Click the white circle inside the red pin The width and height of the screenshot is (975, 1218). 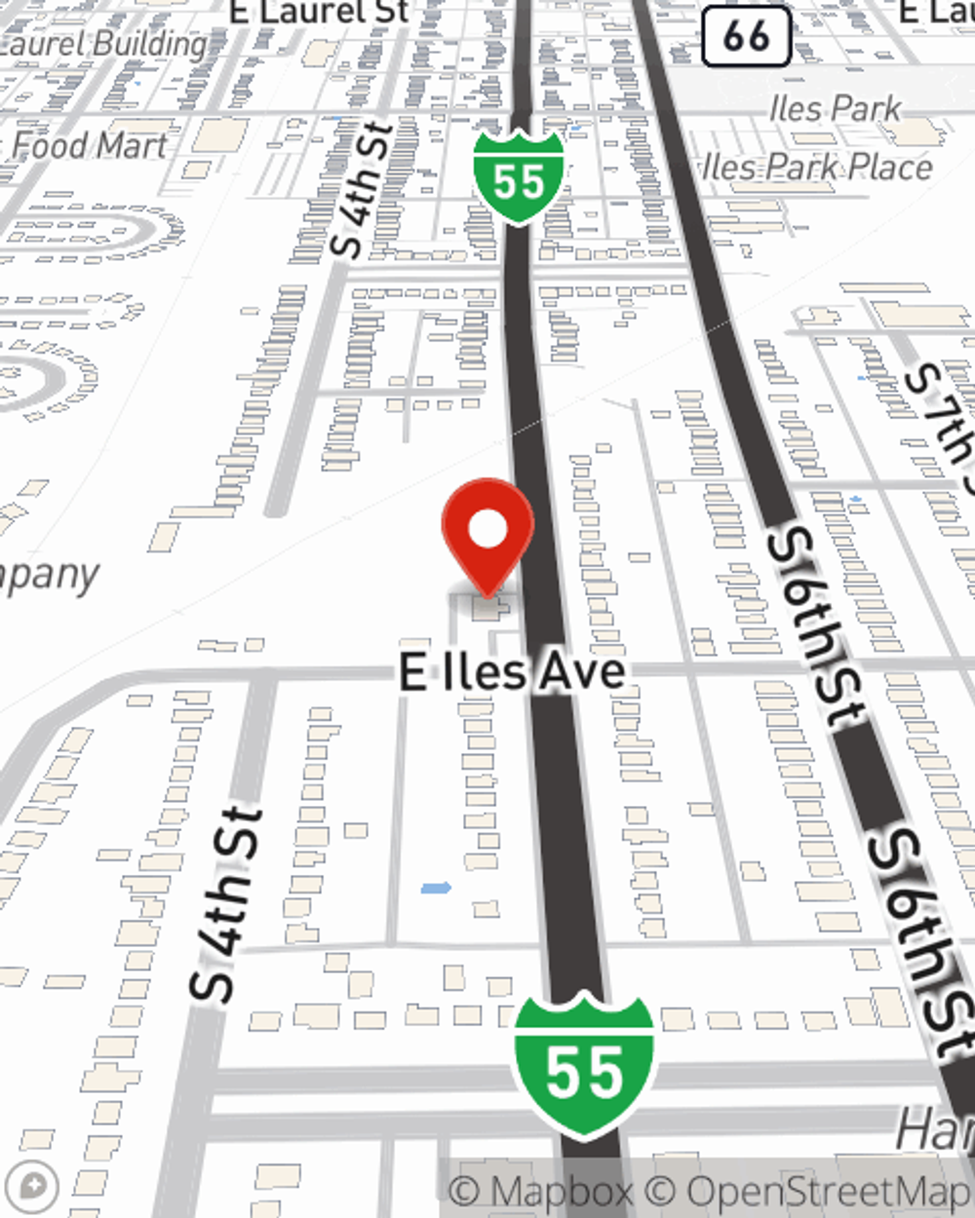pos(487,530)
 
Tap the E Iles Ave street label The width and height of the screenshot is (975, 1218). pos(512,672)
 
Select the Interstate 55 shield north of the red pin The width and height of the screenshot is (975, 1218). pos(519,176)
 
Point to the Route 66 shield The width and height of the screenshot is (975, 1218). pos(746,36)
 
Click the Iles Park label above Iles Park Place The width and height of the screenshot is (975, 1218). pos(835,108)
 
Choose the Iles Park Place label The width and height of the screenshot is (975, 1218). pos(817,168)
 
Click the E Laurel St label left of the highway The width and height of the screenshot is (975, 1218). pos(319,12)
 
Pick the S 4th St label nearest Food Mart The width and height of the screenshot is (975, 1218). pos(362,190)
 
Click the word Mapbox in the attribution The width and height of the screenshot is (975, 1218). pos(561,1192)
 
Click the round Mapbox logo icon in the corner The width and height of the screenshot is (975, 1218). pos(32,1188)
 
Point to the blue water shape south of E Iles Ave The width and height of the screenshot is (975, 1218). pos(436,888)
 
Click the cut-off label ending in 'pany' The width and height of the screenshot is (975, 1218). pos(49,575)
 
